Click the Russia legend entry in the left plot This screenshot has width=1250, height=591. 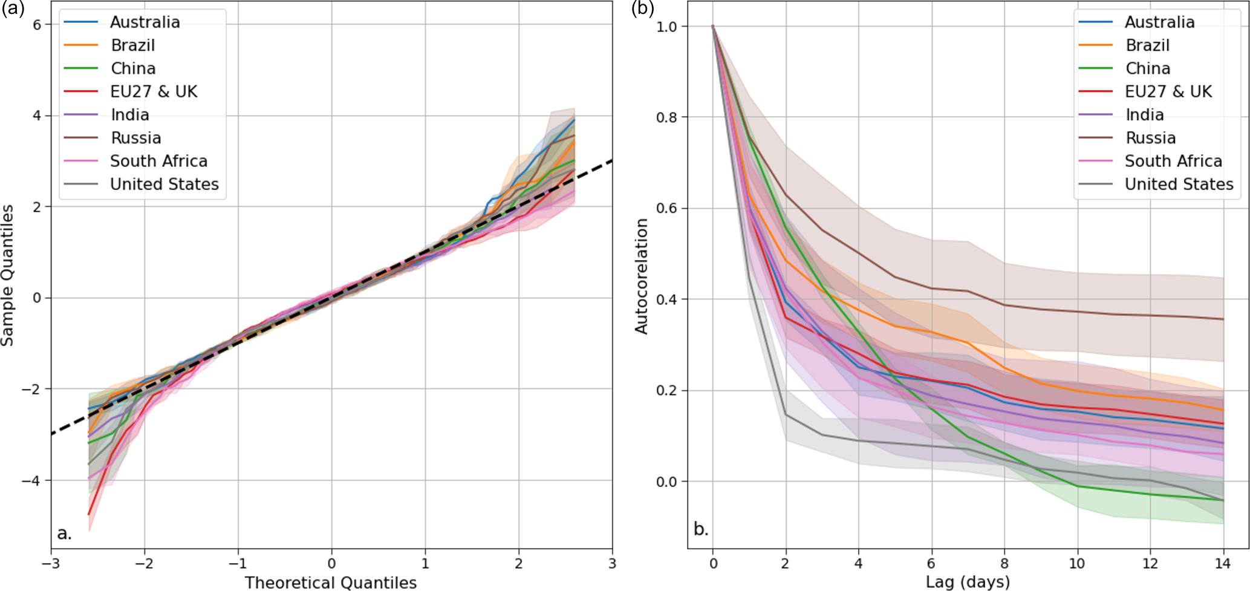[135, 138]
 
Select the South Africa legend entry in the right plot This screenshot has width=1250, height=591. [1173, 161]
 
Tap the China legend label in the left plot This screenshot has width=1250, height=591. [133, 68]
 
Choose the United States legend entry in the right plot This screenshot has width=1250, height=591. [1179, 184]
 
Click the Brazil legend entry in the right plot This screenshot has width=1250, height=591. [1147, 45]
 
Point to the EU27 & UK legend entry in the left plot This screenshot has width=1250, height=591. [154, 91]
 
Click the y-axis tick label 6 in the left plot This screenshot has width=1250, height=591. [37, 24]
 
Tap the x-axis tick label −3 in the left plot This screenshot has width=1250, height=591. [51, 564]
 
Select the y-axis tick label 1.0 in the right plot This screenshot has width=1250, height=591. [668, 27]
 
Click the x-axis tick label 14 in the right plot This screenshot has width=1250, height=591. [1223, 564]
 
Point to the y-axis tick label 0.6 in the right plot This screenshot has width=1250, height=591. [668, 208]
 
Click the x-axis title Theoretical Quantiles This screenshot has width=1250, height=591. [331, 583]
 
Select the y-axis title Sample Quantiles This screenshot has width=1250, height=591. [8, 275]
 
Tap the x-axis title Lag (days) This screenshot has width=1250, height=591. [968, 583]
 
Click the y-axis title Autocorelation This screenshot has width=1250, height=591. [641, 276]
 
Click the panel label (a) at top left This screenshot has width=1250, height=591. [12, 8]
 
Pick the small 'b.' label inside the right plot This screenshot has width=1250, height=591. [701, 529]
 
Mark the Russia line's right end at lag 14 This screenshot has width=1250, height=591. [1223, 319]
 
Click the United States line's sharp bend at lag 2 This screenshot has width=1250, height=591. [786, 414]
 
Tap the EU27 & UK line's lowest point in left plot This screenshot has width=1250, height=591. [89, 515]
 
